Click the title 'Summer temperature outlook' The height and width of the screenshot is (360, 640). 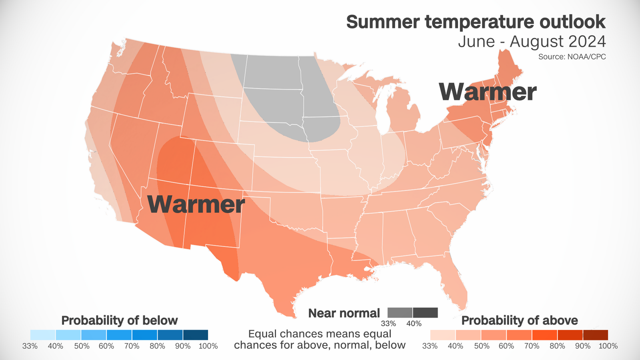coord(476,22)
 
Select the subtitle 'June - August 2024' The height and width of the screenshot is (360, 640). coord(532,42)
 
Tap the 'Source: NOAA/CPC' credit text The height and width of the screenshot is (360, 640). coord(572,57)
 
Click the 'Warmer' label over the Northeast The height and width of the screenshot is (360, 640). coord(487,92)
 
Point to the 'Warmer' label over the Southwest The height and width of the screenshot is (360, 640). coord(196,204)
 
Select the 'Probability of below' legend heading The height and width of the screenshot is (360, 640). coord(119,320)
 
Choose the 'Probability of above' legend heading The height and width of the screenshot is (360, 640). coord(519,320)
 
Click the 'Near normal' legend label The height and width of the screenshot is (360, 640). coord(344,313)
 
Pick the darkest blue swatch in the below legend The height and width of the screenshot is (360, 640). coord(196,335)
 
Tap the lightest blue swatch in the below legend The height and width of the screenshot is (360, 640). coord(43,335)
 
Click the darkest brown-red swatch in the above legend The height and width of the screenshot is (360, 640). coord(595,335)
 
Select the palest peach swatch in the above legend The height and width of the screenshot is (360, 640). coord(442,335)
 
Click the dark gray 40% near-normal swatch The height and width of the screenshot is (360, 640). coord(425,312)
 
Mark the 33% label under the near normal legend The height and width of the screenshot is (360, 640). coord(388,324)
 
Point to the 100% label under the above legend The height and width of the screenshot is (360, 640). coord(608,346)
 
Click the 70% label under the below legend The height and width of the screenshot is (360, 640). coord(132,346)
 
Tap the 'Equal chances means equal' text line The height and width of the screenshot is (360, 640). coord(320,334)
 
